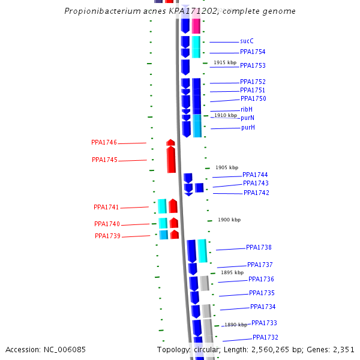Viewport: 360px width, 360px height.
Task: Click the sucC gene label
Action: tap(247, 41)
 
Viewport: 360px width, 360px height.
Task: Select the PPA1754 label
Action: tap(253, 52)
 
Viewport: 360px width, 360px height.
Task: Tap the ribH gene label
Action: tap(247, 109)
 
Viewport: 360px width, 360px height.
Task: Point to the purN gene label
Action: tap(248, 118)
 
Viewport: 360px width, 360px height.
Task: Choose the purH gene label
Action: tap(248, 128)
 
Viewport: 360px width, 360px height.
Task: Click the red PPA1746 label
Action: tap(104, 143)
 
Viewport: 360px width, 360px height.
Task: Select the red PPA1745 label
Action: tap(104, 160)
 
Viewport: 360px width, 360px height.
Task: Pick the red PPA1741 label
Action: tap(106, 208)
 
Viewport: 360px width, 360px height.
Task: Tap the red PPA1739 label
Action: tap(107, 236)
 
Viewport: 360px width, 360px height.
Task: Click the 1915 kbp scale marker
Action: tap(225, 63)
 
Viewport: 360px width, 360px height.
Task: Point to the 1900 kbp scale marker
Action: tap(229, 220)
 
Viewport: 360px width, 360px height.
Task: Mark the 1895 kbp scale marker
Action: tap(232, 272)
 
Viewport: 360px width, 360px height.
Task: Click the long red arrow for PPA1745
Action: tap(171, 160)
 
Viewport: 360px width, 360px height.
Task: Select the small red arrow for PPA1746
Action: tap(170, 142)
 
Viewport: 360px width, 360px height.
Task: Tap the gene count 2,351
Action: tap(343, 350)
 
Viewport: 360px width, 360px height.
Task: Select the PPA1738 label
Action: tap(259, 247)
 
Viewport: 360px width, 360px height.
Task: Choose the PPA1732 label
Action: tap(265, 337)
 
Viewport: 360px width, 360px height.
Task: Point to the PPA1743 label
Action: tap(256, 184)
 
